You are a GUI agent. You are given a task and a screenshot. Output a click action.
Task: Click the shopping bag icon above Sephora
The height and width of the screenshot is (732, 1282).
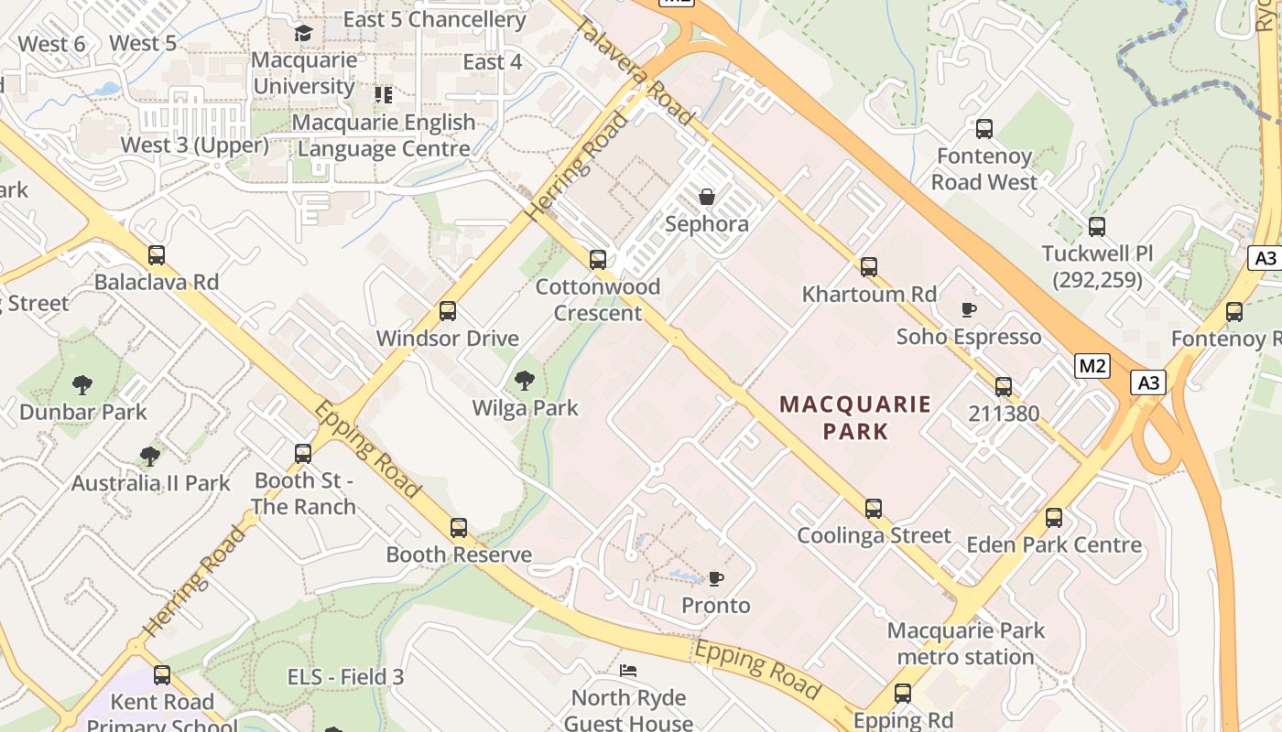(707, 197)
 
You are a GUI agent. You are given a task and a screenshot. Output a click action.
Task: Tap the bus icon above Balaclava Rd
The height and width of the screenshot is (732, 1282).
(157, 255)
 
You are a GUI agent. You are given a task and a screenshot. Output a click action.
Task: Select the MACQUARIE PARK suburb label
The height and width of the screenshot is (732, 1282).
(855, 417)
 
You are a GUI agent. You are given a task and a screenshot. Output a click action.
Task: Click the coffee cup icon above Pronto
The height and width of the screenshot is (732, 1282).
(716, 578)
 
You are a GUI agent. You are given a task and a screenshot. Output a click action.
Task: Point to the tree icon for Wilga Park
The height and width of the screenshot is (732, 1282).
(525, 381)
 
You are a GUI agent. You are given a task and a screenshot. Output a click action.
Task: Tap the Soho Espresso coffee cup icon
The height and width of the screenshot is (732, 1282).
(969, 309)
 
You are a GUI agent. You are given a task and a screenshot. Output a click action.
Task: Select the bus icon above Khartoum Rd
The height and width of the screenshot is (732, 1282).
(869, 267)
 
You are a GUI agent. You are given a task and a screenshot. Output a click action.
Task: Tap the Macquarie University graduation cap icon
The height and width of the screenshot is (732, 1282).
(303, 34)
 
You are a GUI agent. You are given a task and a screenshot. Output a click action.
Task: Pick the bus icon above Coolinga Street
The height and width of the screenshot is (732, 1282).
(874, 509)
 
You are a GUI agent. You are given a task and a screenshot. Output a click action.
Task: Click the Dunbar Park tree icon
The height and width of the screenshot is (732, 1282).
(82, 385)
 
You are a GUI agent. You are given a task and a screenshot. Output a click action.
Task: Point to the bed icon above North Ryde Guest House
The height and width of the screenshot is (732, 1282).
(627, 671)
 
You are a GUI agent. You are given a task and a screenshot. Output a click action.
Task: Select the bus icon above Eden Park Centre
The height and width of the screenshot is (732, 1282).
(1054, 518)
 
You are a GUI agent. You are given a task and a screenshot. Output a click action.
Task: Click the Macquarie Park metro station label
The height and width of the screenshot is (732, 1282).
(966, 643)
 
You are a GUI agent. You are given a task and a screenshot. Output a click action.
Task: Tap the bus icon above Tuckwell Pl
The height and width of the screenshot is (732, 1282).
(1097, 227)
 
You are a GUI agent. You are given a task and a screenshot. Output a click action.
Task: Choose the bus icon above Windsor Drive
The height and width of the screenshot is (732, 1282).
(448, 311)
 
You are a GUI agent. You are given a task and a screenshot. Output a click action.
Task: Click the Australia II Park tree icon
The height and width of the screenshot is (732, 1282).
(150, 456)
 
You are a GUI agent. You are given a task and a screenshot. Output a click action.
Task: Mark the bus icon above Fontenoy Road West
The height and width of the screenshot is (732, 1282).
(984, 129)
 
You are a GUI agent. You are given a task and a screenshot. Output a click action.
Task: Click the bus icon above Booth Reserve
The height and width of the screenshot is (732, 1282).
(459, 528)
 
